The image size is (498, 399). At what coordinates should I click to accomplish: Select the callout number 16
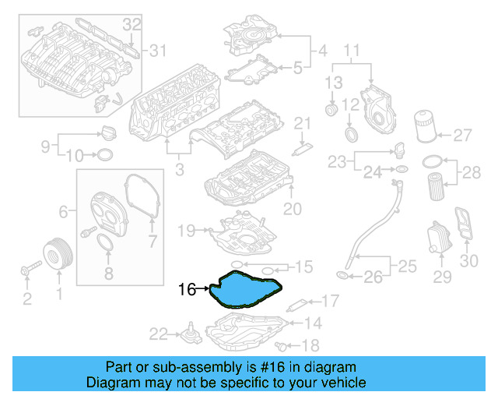tap(187, 289)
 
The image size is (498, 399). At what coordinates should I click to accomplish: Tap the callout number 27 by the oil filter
tap(462, 136)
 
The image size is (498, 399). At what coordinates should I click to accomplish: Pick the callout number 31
tap(158, 51)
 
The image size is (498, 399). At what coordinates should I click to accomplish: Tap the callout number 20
tap(292, 208)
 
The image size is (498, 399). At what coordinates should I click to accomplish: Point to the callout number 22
tap(159, 334)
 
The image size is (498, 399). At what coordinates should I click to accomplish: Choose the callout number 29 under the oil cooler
tap(442, 277)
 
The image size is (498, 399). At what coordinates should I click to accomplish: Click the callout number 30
tap(469, 262)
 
